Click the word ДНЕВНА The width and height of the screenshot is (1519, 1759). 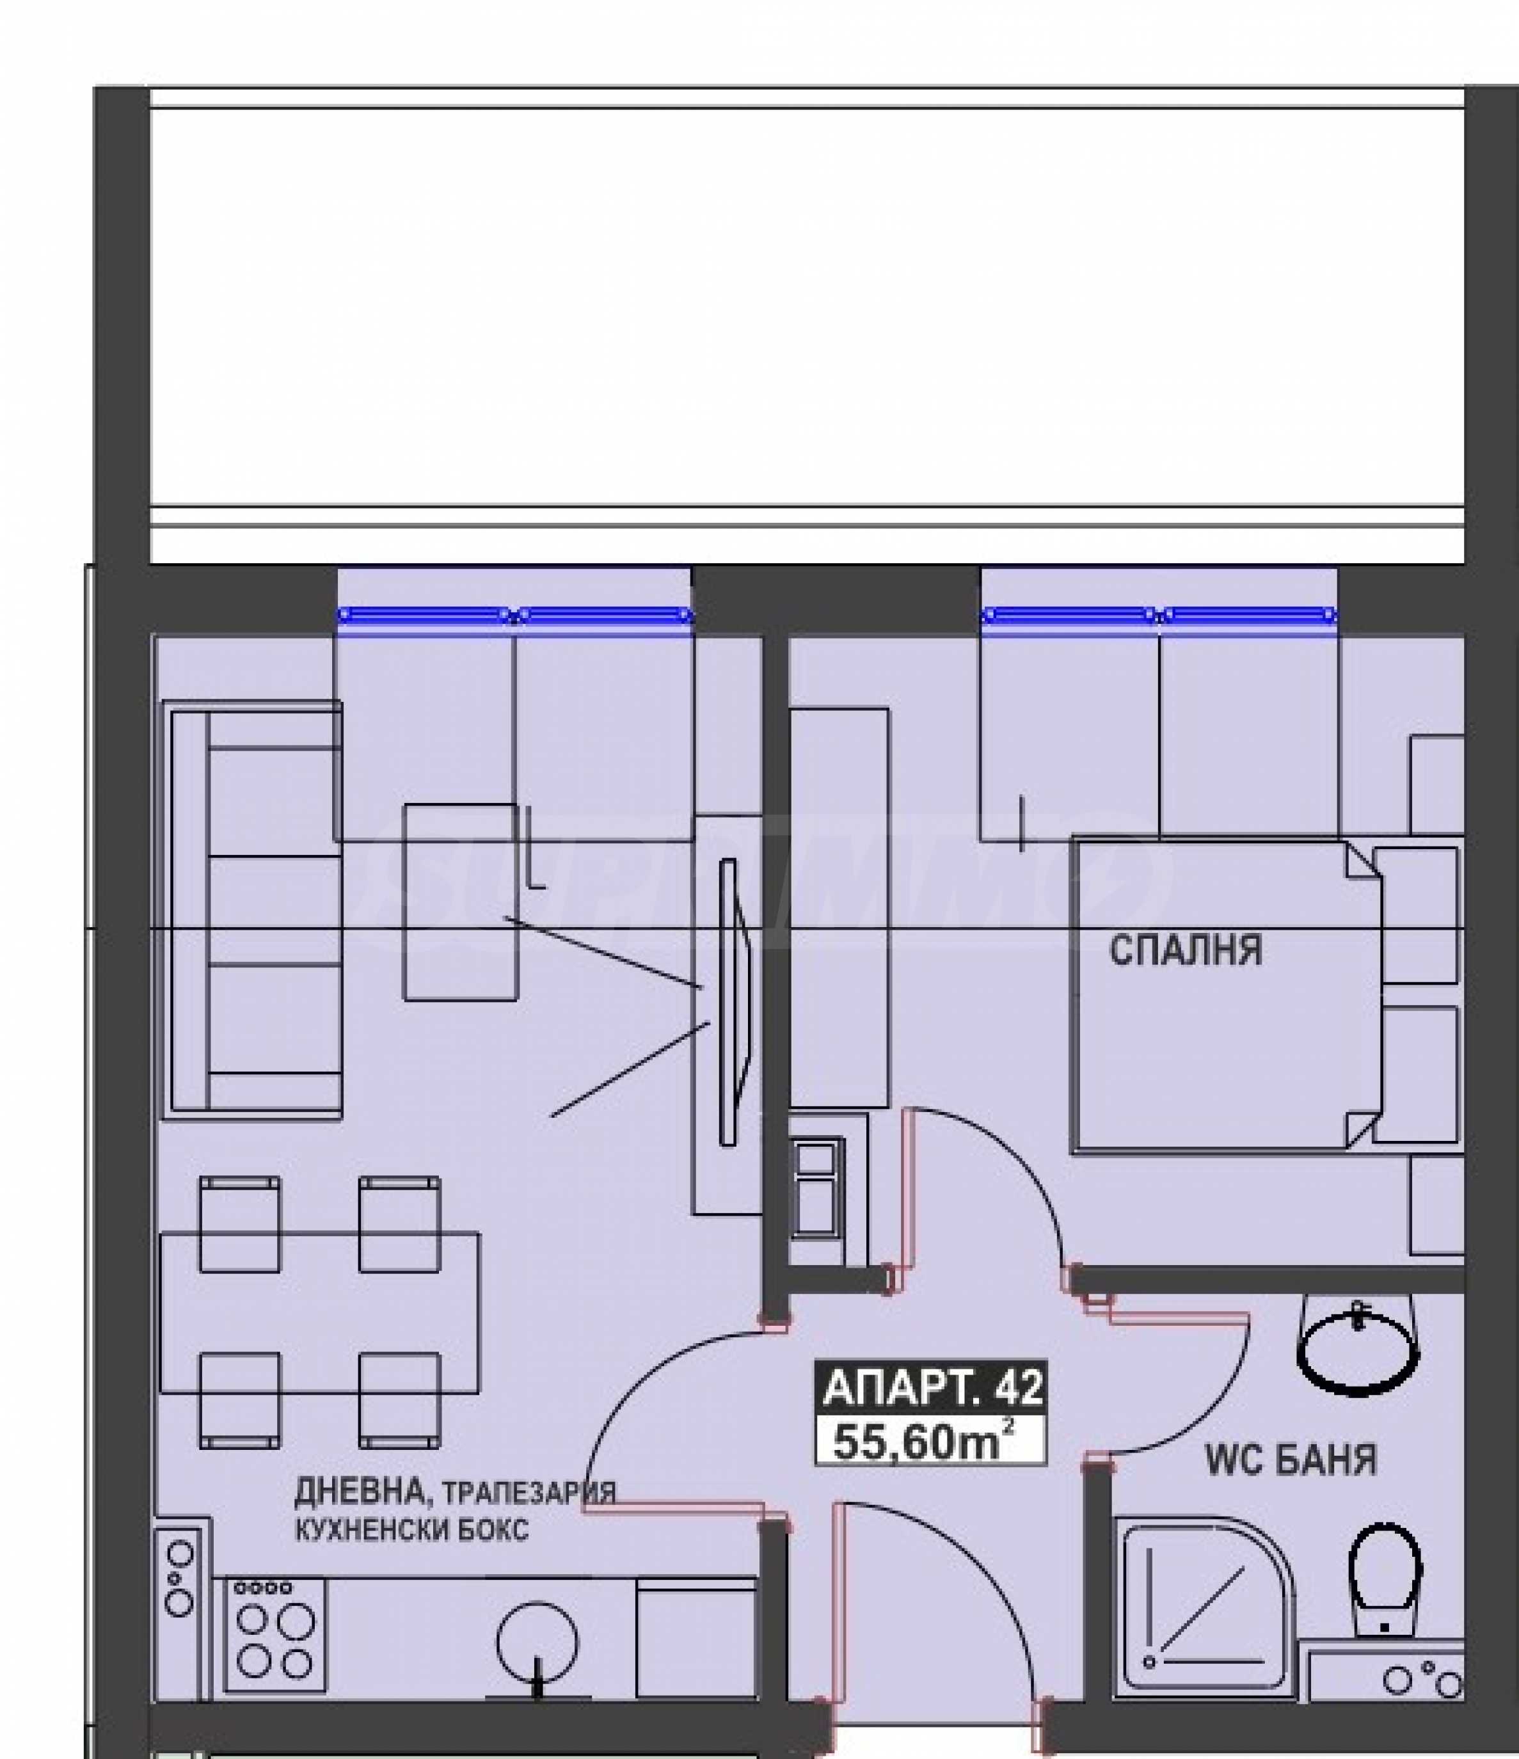363,1490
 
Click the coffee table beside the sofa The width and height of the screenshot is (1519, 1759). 460,902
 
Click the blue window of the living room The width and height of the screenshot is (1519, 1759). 515,616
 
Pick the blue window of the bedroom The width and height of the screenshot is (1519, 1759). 1159,616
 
